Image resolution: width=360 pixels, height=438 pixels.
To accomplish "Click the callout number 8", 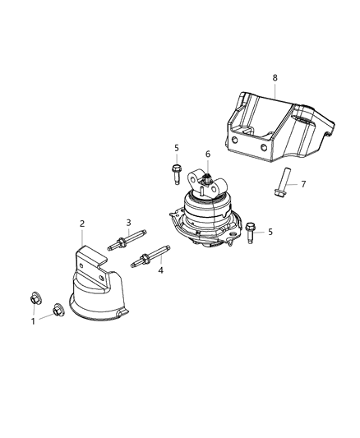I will pos(275,77).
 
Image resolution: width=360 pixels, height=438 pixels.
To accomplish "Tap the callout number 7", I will pos(303,183).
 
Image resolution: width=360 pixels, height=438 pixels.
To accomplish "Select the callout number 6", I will pos(208,154).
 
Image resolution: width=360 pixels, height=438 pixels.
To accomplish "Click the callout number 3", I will pos(128,223).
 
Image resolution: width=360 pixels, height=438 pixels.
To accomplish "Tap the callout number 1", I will pos(33,320).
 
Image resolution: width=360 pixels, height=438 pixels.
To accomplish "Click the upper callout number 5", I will pos(176,148).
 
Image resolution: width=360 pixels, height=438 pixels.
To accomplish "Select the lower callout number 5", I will pos(270,232).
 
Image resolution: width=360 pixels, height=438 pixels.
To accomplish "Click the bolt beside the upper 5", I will pos(177,174).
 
